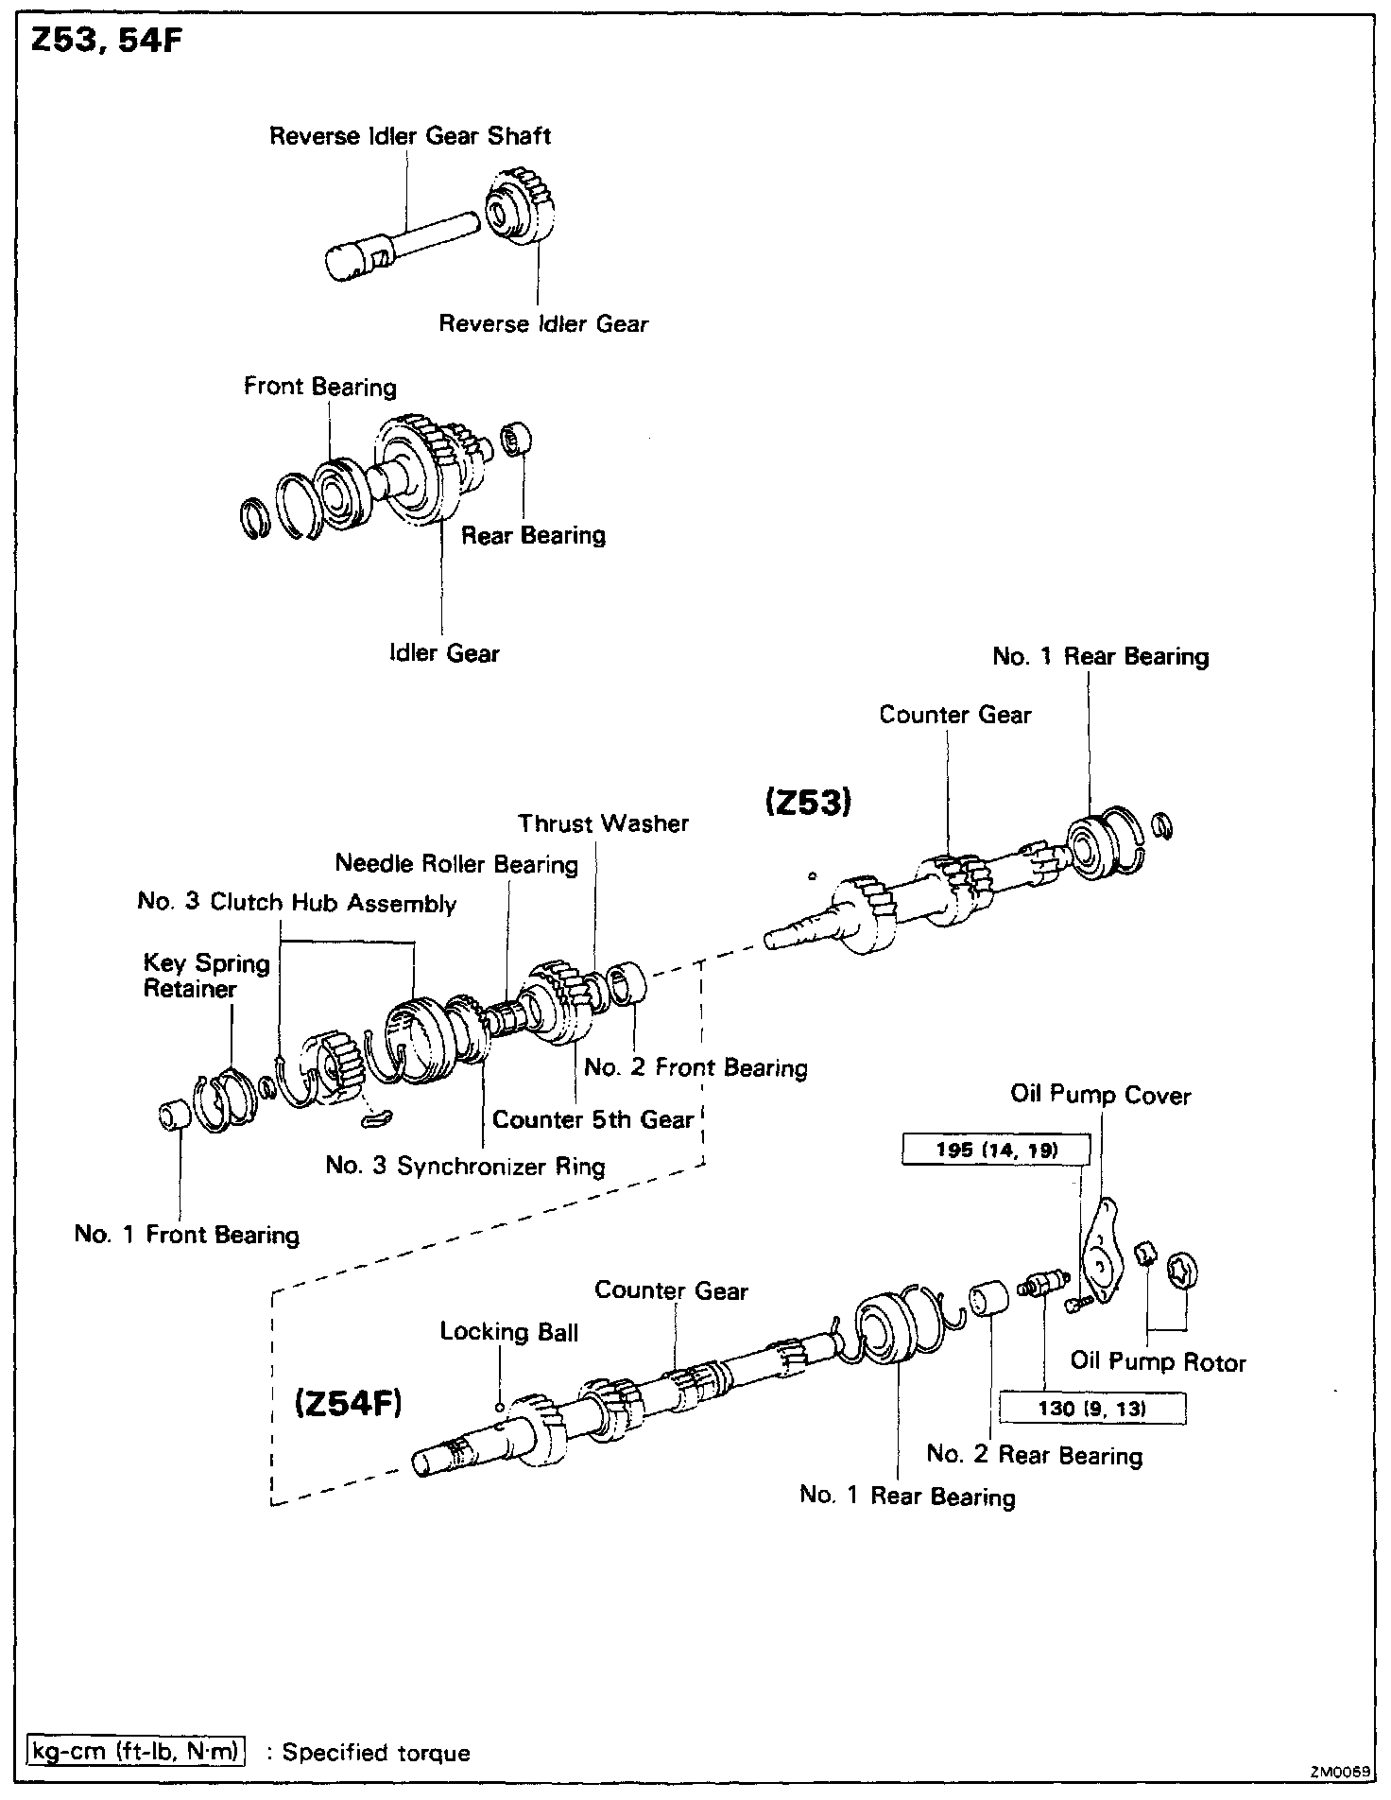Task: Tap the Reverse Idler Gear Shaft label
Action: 410,136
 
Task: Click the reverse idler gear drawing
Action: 518,209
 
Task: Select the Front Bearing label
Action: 320,387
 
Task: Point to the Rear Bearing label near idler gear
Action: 533,535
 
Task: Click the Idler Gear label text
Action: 444,653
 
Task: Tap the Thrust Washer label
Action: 604,823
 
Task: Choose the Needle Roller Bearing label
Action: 456,864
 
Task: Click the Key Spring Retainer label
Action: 206,976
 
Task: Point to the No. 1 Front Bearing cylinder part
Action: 175,1115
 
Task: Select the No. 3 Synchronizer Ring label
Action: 465,1166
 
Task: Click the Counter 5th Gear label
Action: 592,1120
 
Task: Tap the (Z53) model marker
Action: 808,803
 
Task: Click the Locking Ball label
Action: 508,1332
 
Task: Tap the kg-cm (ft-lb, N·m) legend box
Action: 134,1752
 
